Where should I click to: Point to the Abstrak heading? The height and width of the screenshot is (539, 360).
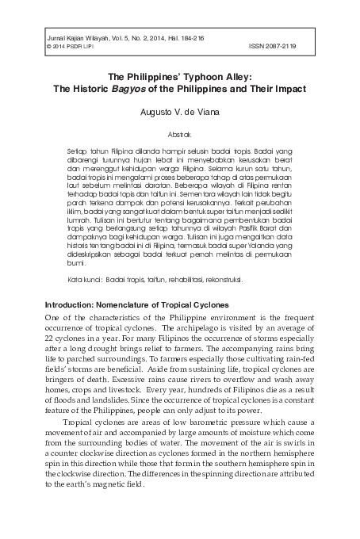181,135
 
